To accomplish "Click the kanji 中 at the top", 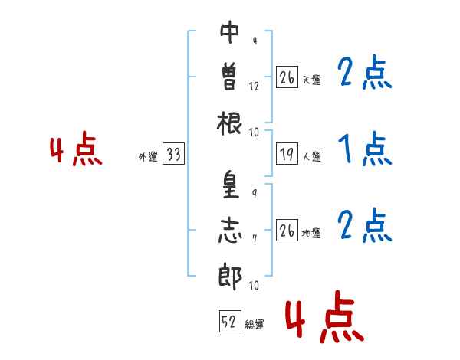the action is (229, 31).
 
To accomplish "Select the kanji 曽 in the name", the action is (229, 77).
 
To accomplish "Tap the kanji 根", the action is (229, 123).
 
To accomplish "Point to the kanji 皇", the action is (231, 185).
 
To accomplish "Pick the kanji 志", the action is (230, 231).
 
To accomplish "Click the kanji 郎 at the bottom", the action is (230, 277).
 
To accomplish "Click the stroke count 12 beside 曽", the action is (254, 87).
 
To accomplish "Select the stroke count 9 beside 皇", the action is (255, 193).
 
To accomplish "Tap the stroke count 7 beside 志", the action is (255, 239).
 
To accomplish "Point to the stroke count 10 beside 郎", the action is (254, 285).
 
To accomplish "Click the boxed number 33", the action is (173, 153).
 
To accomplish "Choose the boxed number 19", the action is (287, 153).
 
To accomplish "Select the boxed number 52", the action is (230, 321).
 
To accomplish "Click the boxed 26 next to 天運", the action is (287, 77).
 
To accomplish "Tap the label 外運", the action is (148, 157).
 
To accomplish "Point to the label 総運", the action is (255, 325).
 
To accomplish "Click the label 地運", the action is (311, 234).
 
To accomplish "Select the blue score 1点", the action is (365, 149).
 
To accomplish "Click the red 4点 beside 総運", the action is (325, 316).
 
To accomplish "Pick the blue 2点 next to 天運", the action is (365, 72).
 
